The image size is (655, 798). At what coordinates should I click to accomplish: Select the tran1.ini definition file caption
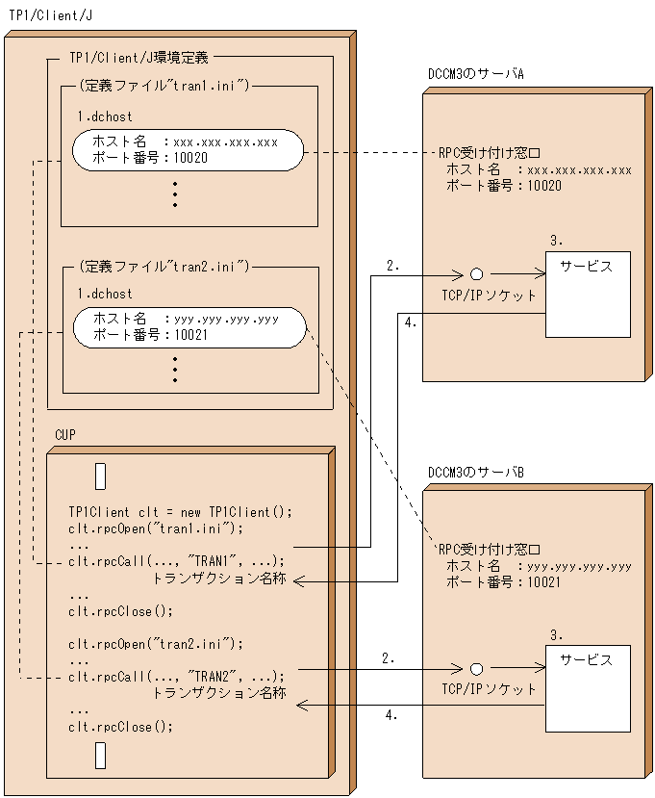(164, 87)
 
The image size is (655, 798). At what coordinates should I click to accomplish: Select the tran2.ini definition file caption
(164, 266)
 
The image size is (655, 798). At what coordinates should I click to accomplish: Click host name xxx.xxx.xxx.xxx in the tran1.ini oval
(226, 142)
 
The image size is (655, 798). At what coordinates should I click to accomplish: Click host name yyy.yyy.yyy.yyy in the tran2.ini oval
(226, 319)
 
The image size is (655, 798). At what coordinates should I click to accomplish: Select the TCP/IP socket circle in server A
(475, 273)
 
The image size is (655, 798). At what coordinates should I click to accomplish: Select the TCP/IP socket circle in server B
(475, 668)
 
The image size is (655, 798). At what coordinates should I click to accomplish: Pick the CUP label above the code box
(66, 435)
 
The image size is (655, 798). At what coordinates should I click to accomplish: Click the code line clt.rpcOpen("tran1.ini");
(156, 528)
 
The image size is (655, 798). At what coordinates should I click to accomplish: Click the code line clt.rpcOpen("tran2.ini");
(156, 643)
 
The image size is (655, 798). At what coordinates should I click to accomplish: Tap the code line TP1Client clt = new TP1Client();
(179, 511)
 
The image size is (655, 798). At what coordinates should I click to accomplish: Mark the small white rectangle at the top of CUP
(100, 476)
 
